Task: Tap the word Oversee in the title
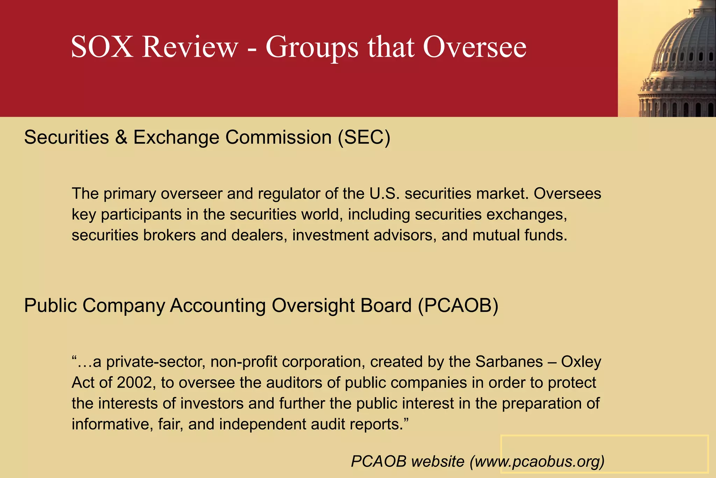click(x=474, y=47)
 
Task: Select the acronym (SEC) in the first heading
click(x=364, y=137)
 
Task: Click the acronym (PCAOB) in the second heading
click(x=458, y=305)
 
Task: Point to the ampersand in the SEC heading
click(x=121, y=137)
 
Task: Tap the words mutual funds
click(x=520, y=235)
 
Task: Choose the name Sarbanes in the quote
click(x=509, y=362)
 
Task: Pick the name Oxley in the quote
click(x=581, y=362)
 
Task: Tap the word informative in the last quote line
click(x=112, y=424)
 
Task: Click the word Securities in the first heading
click(x=66, y=137)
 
